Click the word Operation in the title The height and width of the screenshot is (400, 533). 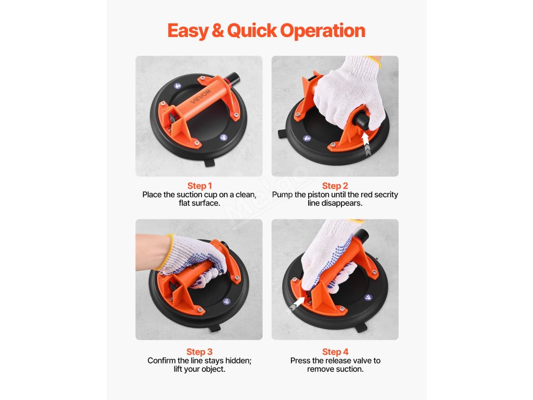[323, 31]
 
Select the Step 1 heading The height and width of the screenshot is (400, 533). [199, 186]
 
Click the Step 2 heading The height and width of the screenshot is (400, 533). [335, 186]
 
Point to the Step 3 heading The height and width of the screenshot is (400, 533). [199, 352]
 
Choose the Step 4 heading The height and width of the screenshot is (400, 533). [335, 352]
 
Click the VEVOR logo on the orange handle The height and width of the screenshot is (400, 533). [200, 96]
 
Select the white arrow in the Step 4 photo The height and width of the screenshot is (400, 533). [296, 304]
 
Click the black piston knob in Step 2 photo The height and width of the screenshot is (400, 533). [360, 121]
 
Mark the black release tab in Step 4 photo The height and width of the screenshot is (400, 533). [361, 328]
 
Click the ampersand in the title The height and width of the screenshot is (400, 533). [218, 31]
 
